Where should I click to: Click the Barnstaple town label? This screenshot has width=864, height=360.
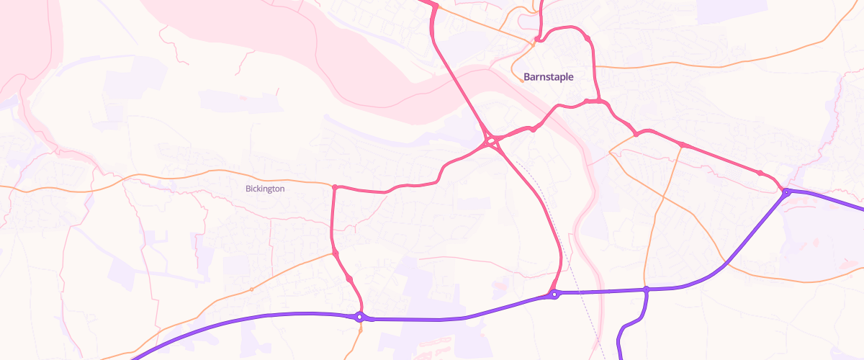coord(549,76)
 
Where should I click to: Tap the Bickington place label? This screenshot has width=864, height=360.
coord(265,189)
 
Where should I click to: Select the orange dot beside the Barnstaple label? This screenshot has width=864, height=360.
coord(522,81)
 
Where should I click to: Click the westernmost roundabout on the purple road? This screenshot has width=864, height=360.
coord(359,316)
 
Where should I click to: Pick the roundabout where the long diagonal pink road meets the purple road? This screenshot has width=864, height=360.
coord(554,294)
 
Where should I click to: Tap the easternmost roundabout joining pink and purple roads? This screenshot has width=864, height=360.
coord(787,192)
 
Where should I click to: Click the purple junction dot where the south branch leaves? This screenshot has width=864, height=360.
coord(647,289)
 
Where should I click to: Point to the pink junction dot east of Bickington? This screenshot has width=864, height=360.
coord(335,187)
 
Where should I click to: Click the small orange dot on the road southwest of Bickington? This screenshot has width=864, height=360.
coord(251,289)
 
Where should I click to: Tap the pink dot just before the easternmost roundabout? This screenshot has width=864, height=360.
coord(760,173)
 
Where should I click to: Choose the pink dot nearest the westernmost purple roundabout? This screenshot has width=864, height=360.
coord(350,278)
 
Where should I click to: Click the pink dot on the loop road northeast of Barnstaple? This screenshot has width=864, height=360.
coord(588,38)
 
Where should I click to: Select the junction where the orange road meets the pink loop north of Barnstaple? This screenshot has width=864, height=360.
coord(537,39)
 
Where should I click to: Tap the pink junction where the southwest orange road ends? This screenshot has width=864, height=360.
coord(336,253)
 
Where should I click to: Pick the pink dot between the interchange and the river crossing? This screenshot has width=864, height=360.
coord(533,129)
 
